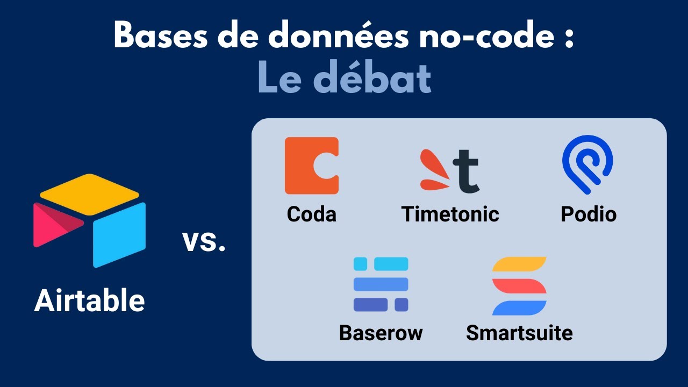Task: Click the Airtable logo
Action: [89, 220]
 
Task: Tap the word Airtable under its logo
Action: [89, 300]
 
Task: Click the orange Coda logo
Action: [311, 165]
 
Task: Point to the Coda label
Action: [311, 214]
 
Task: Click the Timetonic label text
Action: [450, 214]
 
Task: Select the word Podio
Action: [589, 214]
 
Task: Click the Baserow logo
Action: [381, 284]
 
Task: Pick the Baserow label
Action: [381, 333]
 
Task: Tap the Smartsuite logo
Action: [519, 285]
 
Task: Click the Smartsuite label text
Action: [519, 333]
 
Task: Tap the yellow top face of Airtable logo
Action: [89, 194]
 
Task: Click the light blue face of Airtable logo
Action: [119, 234]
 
